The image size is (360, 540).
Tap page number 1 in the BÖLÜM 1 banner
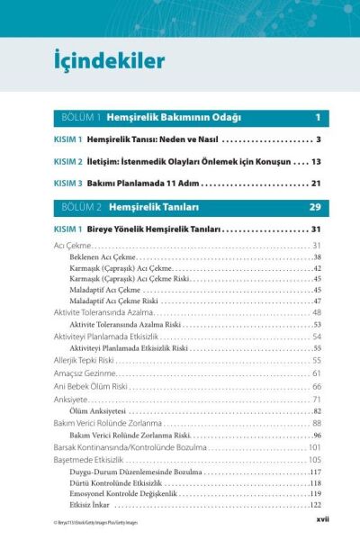click(x=318, y=118)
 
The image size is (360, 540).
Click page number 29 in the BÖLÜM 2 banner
click(x=315, y=208)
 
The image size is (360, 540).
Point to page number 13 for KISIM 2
click(x=316, y=162)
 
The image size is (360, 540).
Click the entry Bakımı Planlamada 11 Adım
click(x=145, y=184)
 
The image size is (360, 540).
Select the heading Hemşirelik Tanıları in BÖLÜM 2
click(x=159, y=208)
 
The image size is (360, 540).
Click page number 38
click(x=317, y=256)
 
